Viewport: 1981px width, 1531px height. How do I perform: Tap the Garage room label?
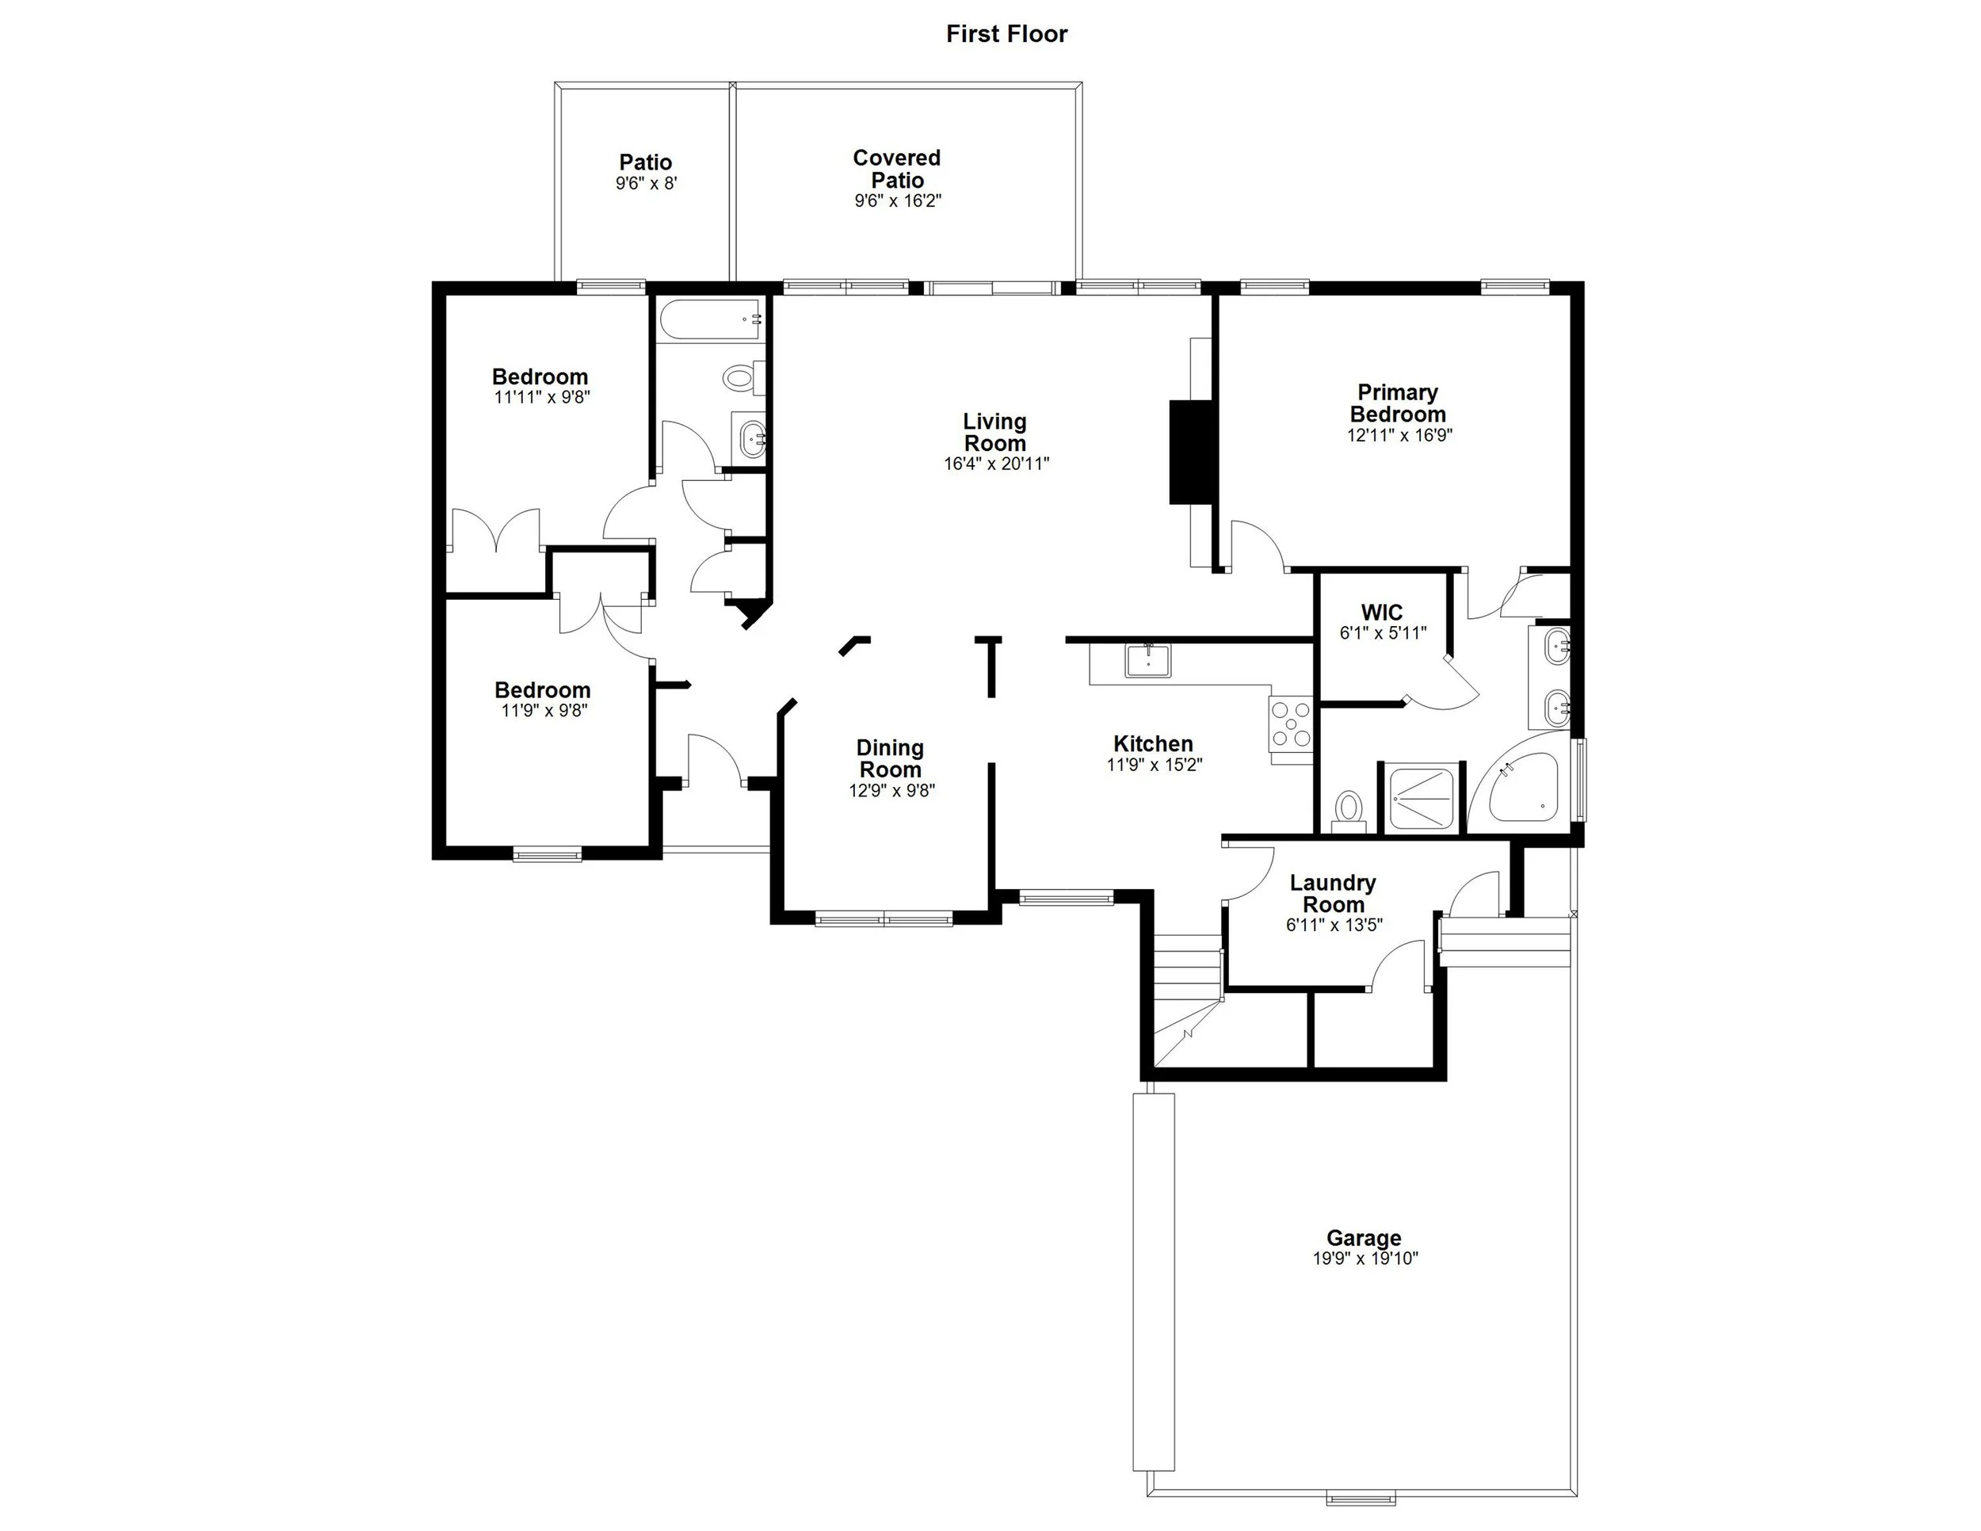(x=1363, y=1237)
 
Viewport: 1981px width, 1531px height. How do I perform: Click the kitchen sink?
(x=1148, y=660)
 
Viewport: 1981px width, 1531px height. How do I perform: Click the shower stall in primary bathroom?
(x=1422, y=797)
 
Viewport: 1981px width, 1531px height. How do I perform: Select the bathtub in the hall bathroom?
(x=710, y=319)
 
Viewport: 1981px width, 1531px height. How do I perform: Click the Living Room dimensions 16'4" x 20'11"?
(x=995, y=464)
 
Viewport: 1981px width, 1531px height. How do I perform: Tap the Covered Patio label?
(x=896, y=169)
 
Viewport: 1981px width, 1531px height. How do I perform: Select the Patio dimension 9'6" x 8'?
(x=646, y=183)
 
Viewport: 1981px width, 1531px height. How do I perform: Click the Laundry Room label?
(x=1333, y=893)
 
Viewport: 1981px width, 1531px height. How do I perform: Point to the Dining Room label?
(x=890, y=758)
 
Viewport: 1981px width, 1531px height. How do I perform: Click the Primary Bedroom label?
(x=1397, y=403)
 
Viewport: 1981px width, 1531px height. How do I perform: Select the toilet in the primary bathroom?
(x=1349, y=807)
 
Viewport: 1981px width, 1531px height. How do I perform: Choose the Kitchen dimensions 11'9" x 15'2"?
(x=1154, y=765)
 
